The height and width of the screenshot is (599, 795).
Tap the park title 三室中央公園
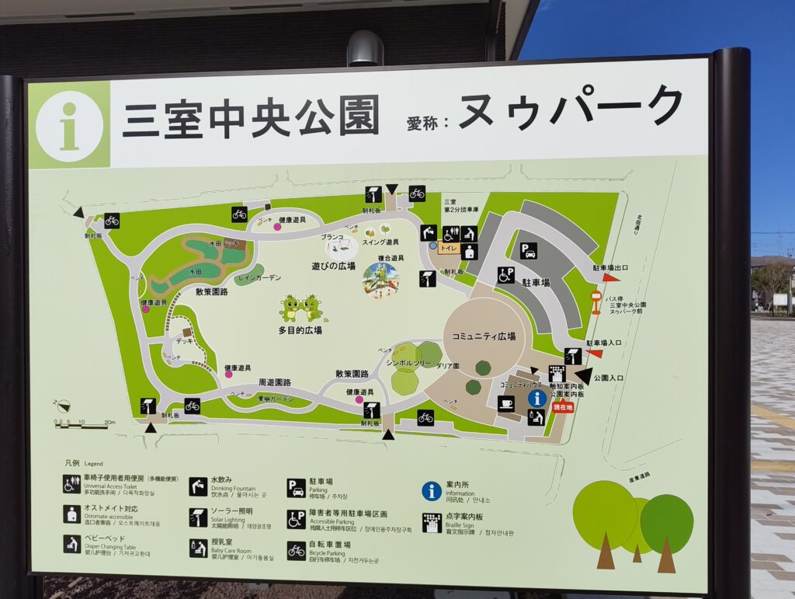(251, 117)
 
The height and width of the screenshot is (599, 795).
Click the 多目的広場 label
(300, 329)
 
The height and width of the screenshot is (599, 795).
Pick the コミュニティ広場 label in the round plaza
(484, 336)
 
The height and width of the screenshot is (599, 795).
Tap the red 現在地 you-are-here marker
(563, 407)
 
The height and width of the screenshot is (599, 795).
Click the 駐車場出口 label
(611, 267)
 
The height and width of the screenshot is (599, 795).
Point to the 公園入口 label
(609, 378)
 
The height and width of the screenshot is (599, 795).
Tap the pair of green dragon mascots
(300, 308)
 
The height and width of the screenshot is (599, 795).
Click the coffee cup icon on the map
(505, 403)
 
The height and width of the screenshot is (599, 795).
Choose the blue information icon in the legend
(432, 490)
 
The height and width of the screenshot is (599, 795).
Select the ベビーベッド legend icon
(72, 543)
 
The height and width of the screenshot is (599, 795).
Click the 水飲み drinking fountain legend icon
(198, 486)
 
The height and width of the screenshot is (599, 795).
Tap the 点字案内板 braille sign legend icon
(432, 522)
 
